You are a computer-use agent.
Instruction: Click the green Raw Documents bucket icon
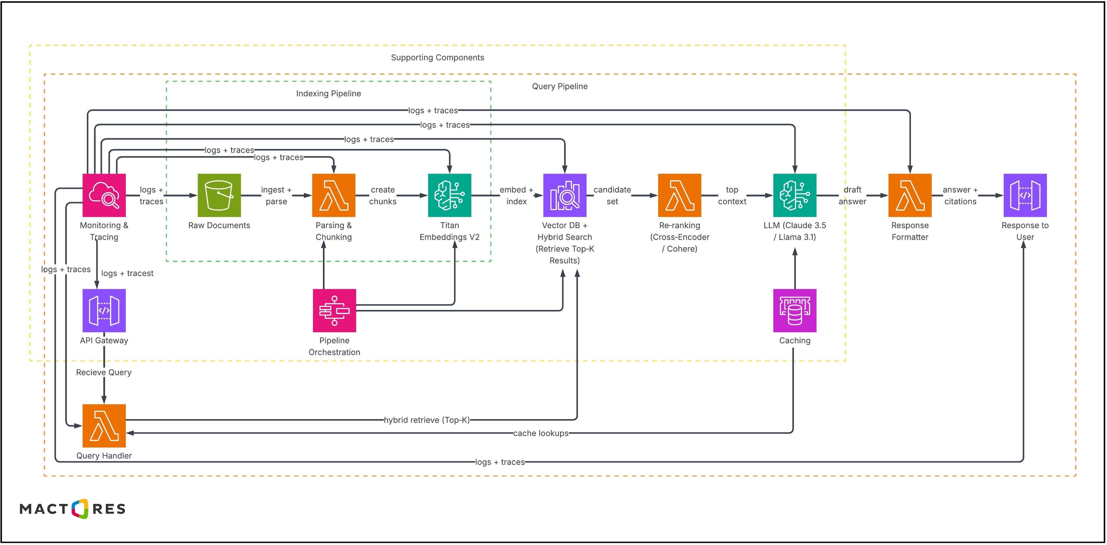(x=219, y=195)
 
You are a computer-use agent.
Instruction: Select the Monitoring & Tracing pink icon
(x=104, y=195)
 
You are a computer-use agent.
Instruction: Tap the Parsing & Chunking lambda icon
(x=334, y=195)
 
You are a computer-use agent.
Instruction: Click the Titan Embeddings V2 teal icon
(x=450, y=195)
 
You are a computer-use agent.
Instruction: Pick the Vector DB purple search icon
(x=565, y=195)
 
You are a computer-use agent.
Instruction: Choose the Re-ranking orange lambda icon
(x=680, y=195)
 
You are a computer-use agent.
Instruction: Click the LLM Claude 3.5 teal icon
(x=795, y=195)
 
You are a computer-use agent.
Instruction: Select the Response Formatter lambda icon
(x=910, y=195)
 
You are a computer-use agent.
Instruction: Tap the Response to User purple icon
(x=1025, y=195)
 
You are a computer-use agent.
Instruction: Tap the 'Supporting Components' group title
(x=437, y=58)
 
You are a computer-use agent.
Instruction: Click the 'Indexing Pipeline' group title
(x=328, y=94)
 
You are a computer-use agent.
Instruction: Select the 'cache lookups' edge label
(x=541, y=434)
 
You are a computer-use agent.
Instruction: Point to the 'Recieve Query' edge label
(x=104, y=372)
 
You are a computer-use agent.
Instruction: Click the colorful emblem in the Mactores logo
(x=80, y=509)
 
